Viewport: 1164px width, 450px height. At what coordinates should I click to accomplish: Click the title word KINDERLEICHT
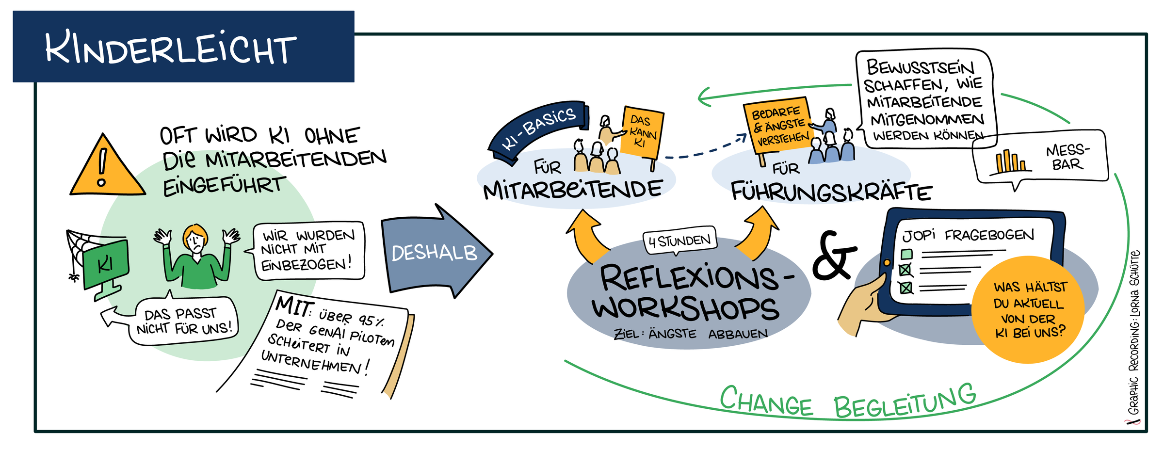[171, 48]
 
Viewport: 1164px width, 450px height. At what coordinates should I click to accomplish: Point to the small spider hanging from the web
[74, 277]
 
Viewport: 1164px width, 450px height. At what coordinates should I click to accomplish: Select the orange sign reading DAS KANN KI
[643, 132]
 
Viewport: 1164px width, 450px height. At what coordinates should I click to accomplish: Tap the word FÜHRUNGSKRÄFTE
[831, 192]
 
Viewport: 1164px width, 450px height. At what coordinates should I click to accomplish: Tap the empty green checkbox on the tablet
[906, 254]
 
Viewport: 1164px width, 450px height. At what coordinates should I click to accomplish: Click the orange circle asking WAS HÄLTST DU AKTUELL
[1028, 309]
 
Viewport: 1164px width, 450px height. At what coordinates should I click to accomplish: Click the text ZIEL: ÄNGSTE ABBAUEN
[691, 334]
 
